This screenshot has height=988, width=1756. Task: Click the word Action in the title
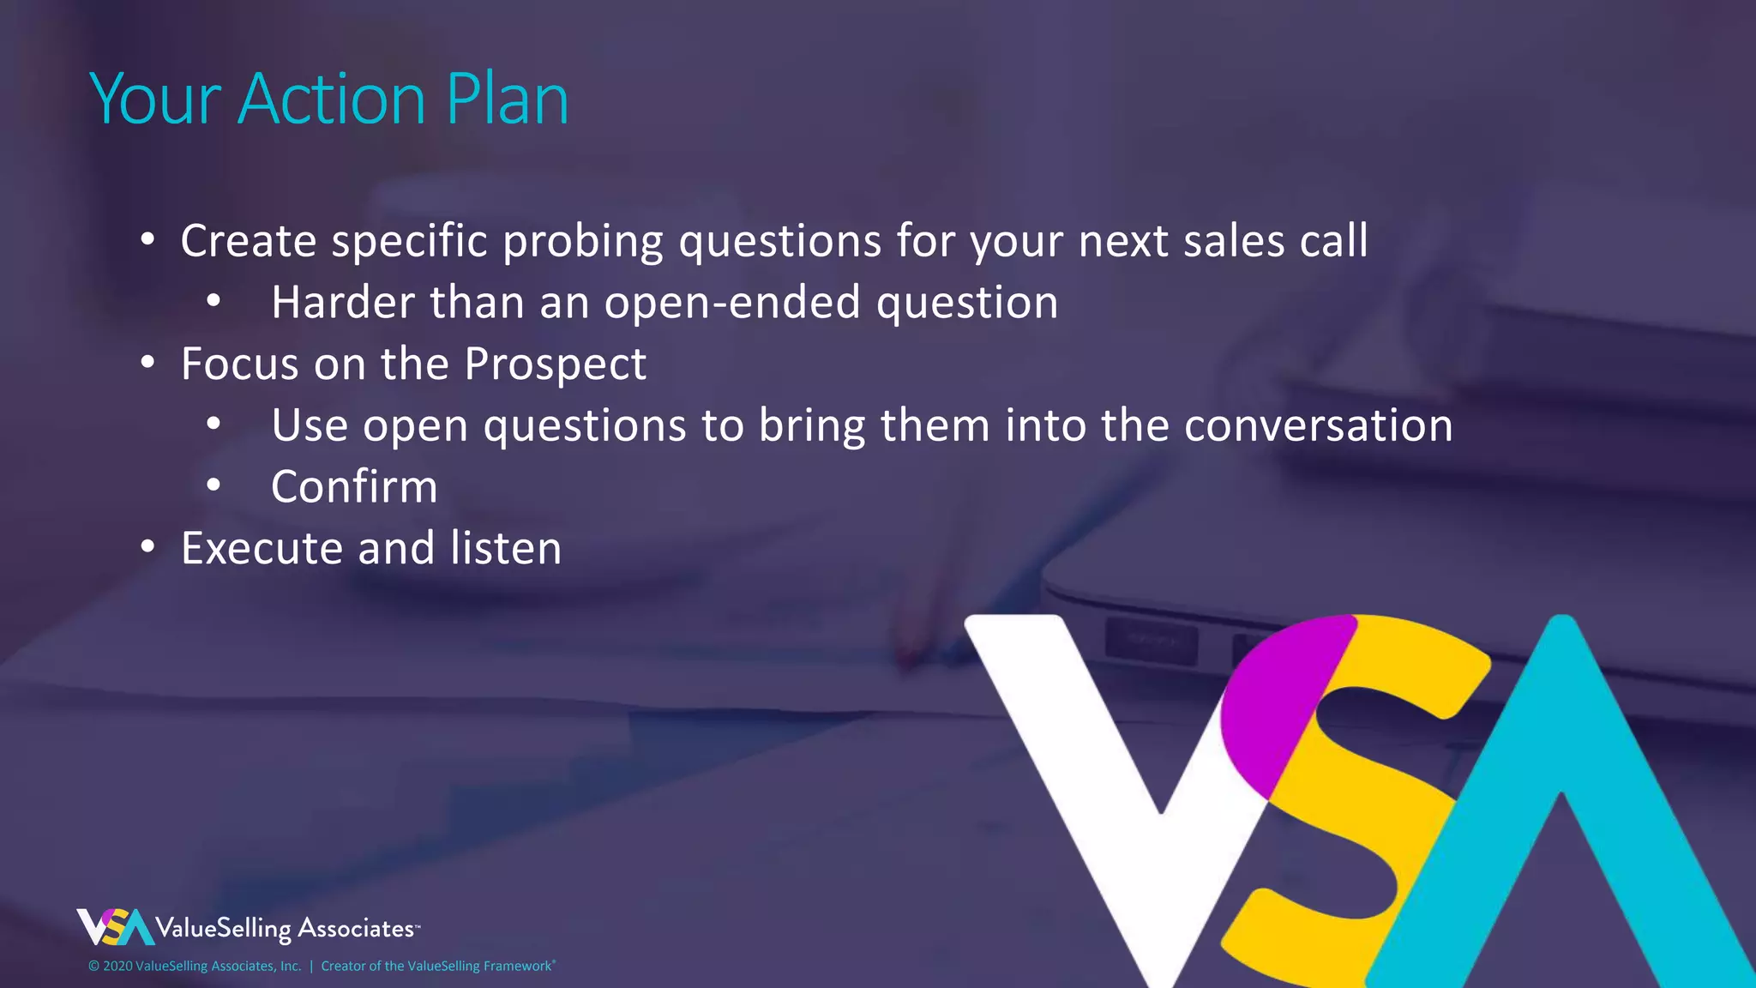pyautogui.click(x=331, y=99)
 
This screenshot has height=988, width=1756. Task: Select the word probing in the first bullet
pyautogui.click(x=583, y=242)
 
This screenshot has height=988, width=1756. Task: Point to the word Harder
pyautogui.click(x=343, y=302)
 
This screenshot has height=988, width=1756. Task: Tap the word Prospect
pyautogui.click(x=555, y=364)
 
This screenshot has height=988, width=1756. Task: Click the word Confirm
pyautogui.click(x=354, y=486)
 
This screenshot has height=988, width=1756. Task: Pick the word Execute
pyautogui.click(x=262, y=548)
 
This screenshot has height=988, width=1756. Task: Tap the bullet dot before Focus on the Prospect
pyautogui.click(x=148, y=363)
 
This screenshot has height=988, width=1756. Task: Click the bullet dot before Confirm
pyautogui.click(x=213, y=485)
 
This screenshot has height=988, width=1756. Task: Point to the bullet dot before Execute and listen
pyautogui.click(x=148, y=546)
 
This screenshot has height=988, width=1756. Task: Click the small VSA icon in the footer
pyautogui.click(x=115, y=927)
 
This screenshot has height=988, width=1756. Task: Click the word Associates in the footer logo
pyautogui.click(x=355, y=929)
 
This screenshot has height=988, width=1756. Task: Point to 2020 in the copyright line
pyautogui.click(x=117, y=967)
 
